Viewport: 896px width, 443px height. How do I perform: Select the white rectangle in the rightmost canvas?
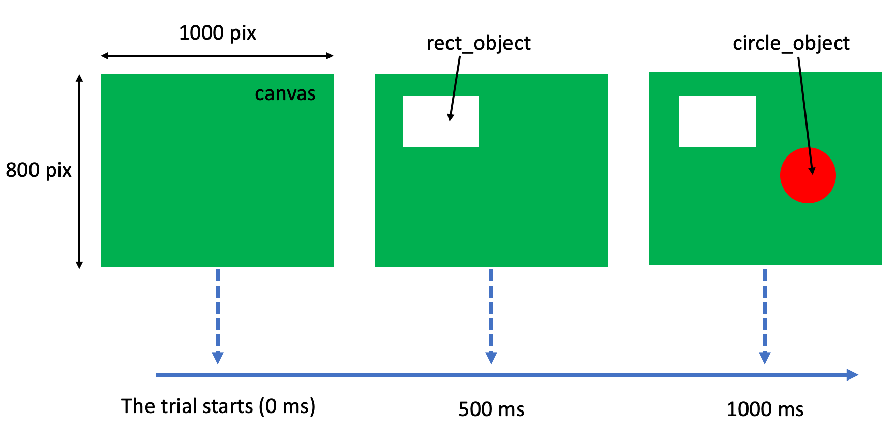[717, 121]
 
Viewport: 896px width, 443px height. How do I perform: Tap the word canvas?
[285, 94]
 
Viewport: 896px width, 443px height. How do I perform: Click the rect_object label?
[478, 44]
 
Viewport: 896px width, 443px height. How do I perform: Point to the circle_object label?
[791, 44]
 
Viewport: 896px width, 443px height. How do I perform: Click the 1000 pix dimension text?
[217, 34]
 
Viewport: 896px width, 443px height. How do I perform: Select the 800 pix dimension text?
[39, 170]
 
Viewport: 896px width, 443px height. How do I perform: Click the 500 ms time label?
[491, 409]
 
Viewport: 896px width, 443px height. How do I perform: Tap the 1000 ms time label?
[765, 409]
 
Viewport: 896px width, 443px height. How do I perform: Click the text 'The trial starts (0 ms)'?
[218, 406]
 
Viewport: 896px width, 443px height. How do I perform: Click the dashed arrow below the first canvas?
[218, 315]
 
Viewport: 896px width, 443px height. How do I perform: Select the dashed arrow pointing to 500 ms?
[491, 315]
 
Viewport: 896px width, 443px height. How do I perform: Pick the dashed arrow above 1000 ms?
[765, 315]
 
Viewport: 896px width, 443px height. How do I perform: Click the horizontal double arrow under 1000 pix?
[217, 56]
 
